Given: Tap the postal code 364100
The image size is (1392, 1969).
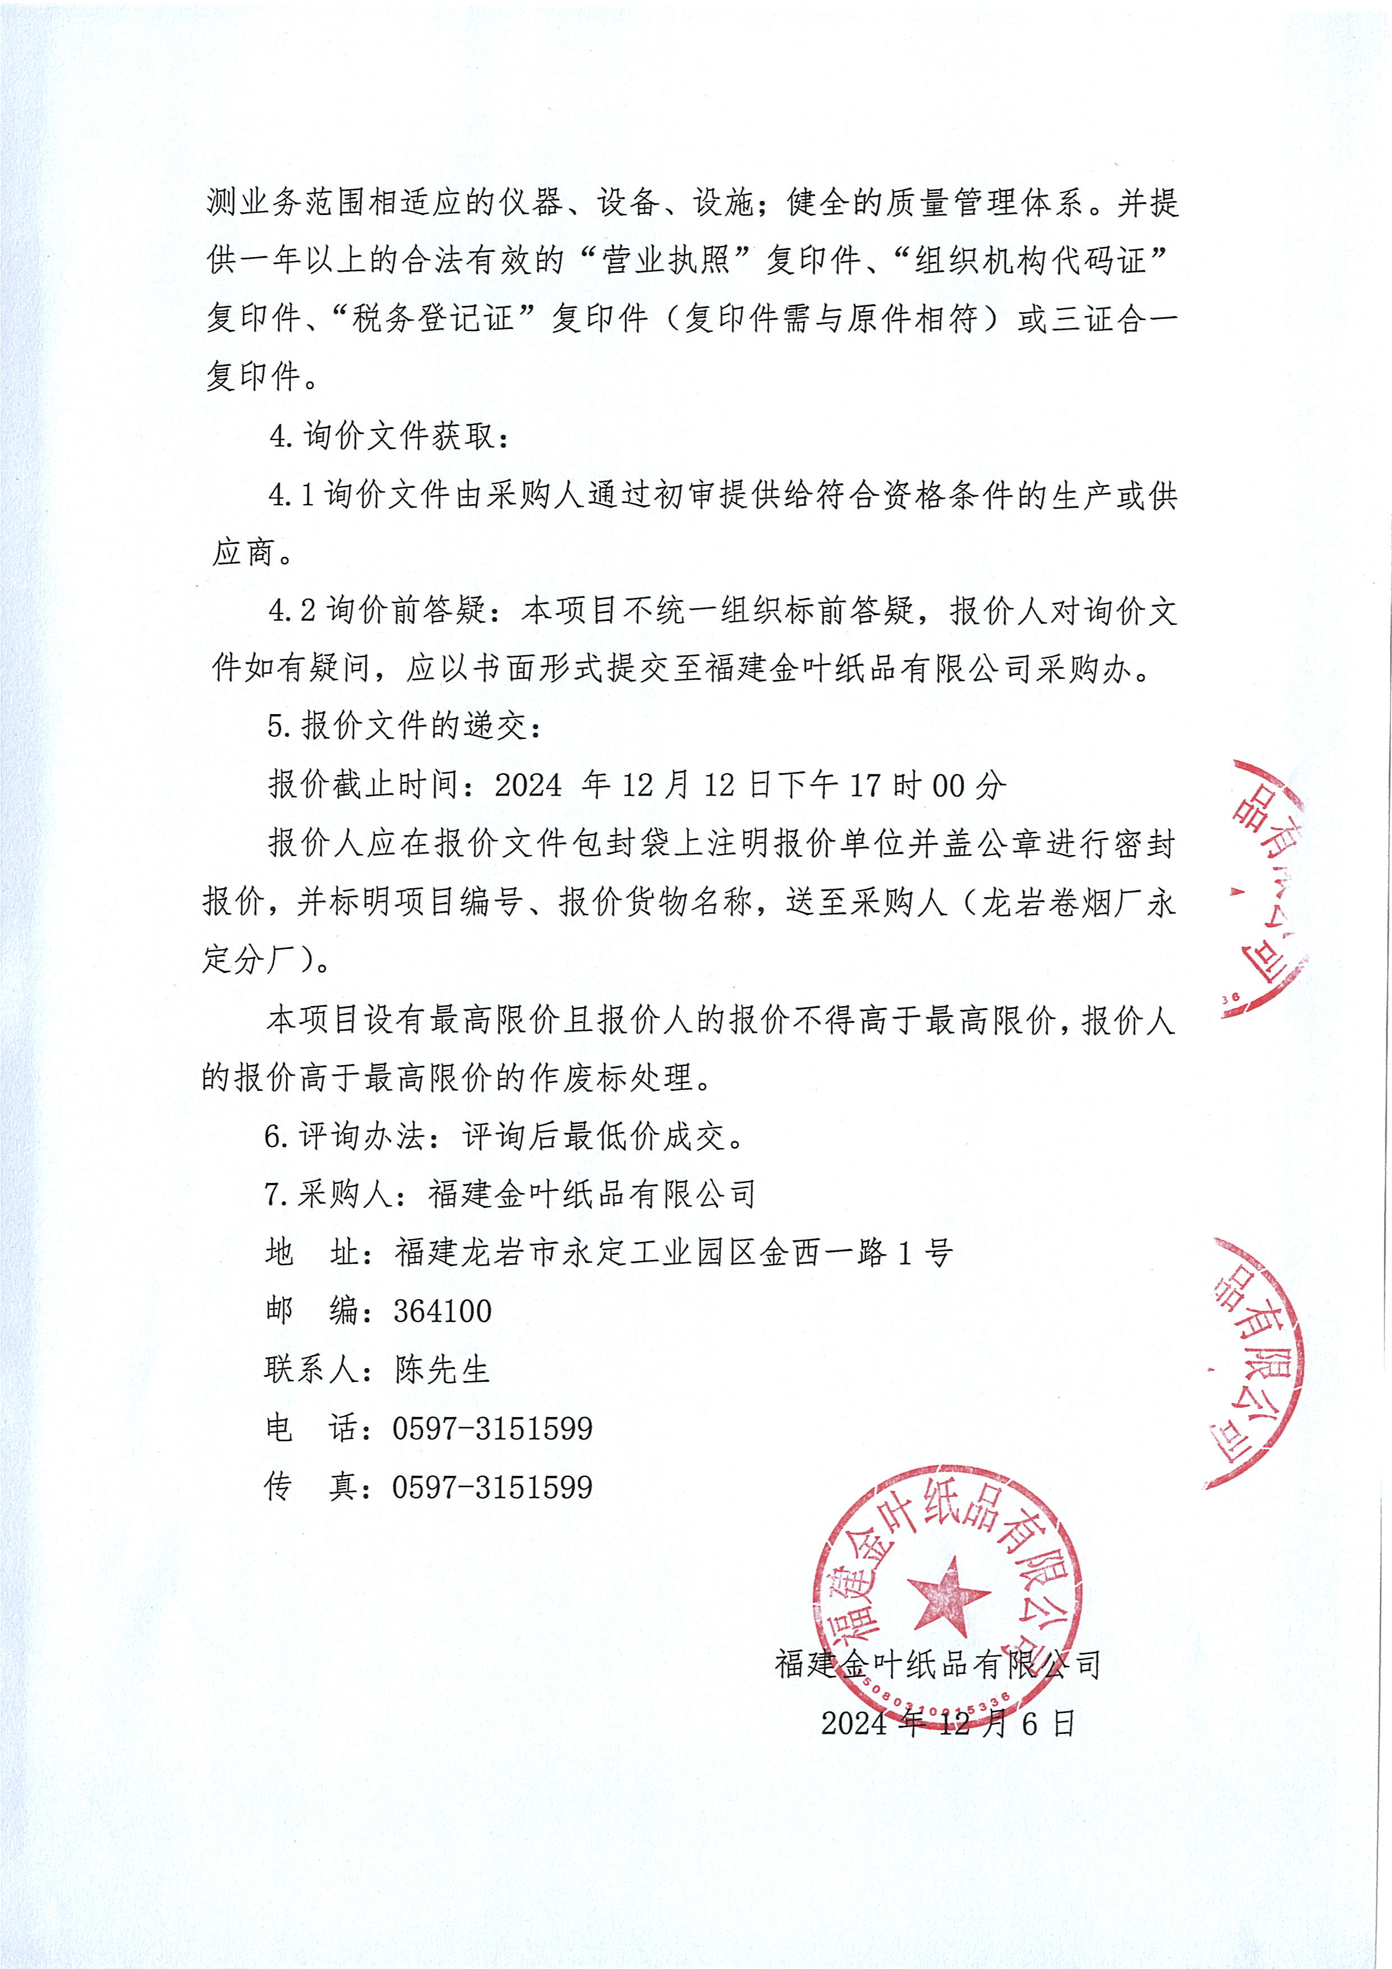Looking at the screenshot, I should coord(442,1311).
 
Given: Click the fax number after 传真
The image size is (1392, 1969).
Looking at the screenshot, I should coord(492,1487).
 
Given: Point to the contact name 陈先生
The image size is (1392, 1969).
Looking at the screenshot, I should coord(442,1369).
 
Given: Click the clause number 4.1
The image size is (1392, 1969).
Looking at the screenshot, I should coord(291,495).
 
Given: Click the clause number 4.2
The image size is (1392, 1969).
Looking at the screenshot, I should coord(291,611).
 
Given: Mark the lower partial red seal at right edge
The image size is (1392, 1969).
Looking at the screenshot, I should coord(1256,1364).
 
